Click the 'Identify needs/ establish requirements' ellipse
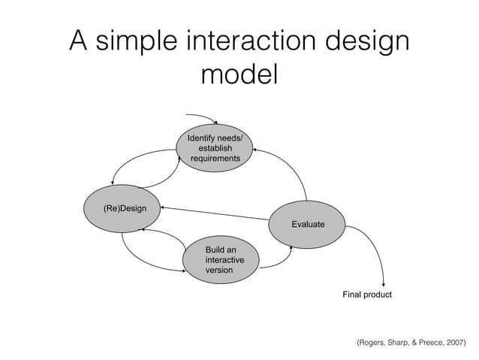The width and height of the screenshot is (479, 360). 215,148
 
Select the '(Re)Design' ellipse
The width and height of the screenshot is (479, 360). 125,207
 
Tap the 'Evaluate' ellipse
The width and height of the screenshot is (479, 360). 308,224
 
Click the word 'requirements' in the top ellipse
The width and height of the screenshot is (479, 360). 215,159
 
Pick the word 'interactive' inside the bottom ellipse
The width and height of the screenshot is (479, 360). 224,259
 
